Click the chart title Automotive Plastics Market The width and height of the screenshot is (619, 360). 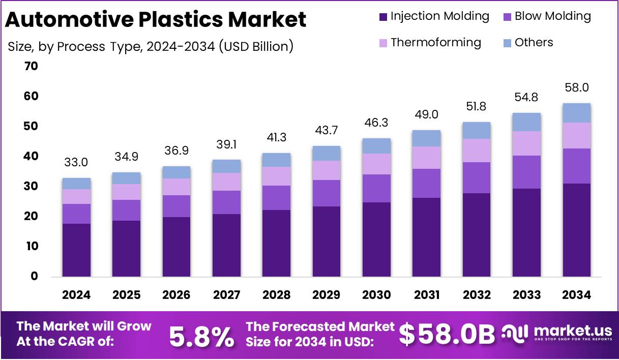(156, 20)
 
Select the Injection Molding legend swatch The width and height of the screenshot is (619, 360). (383, 17)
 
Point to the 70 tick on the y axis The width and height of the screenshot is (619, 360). (31, 66)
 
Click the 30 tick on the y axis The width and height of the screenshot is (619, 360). (31, 186)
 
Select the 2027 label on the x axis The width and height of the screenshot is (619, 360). (226, 295)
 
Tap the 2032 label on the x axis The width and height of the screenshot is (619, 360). (477, 295)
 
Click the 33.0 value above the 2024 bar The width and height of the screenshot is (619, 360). (76, 163)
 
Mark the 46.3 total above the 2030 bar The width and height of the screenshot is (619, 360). (376, 123)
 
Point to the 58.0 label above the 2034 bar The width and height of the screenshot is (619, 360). (577, 87)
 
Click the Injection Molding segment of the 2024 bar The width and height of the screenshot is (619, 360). (76, 250)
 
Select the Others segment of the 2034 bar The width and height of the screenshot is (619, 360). (577, 113)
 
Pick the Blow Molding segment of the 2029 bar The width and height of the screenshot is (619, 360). (327, 193)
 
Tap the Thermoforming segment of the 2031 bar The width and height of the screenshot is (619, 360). (427, 158)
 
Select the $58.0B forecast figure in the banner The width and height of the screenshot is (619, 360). (447, 335)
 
